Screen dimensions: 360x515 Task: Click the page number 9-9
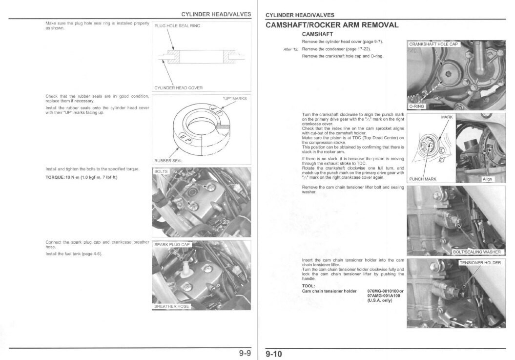[244, 354]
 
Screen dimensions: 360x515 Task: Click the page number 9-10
[274, 354]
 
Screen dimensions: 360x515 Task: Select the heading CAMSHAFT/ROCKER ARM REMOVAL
[331, 24]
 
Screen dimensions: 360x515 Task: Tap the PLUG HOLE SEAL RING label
[177, 26]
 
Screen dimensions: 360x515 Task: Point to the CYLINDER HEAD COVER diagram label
[178, 88]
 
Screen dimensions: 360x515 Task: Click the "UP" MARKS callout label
[234, 99]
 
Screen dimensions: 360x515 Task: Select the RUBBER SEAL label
[168, 160]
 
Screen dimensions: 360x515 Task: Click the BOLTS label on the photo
[161, 171]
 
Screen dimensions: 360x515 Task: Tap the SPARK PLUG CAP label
[172, 245]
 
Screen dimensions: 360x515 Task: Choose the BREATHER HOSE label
[171, 306]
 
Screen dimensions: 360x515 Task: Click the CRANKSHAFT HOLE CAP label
[433, 44]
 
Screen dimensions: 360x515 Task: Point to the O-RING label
[417, 106]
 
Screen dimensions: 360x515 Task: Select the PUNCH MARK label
[423, 179]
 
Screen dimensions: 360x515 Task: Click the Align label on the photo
[487, 179]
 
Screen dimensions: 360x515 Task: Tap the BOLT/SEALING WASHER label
[477, 252]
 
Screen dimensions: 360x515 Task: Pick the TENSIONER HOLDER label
[480, 263]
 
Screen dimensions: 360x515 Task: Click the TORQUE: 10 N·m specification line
[82, 177]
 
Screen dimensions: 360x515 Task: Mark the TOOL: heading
[309, 286]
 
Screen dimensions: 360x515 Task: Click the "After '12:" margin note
[290, 49]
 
